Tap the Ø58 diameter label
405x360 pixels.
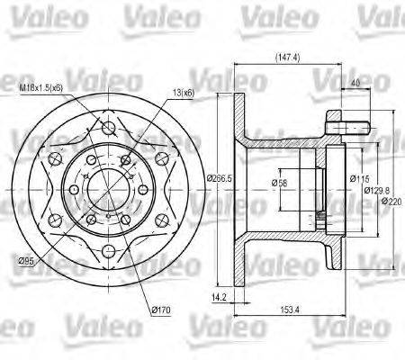pos(279,184)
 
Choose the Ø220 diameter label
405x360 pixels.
pos(391,202)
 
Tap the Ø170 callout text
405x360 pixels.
pos(162,311)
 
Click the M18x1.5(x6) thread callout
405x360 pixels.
pos(43,89)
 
